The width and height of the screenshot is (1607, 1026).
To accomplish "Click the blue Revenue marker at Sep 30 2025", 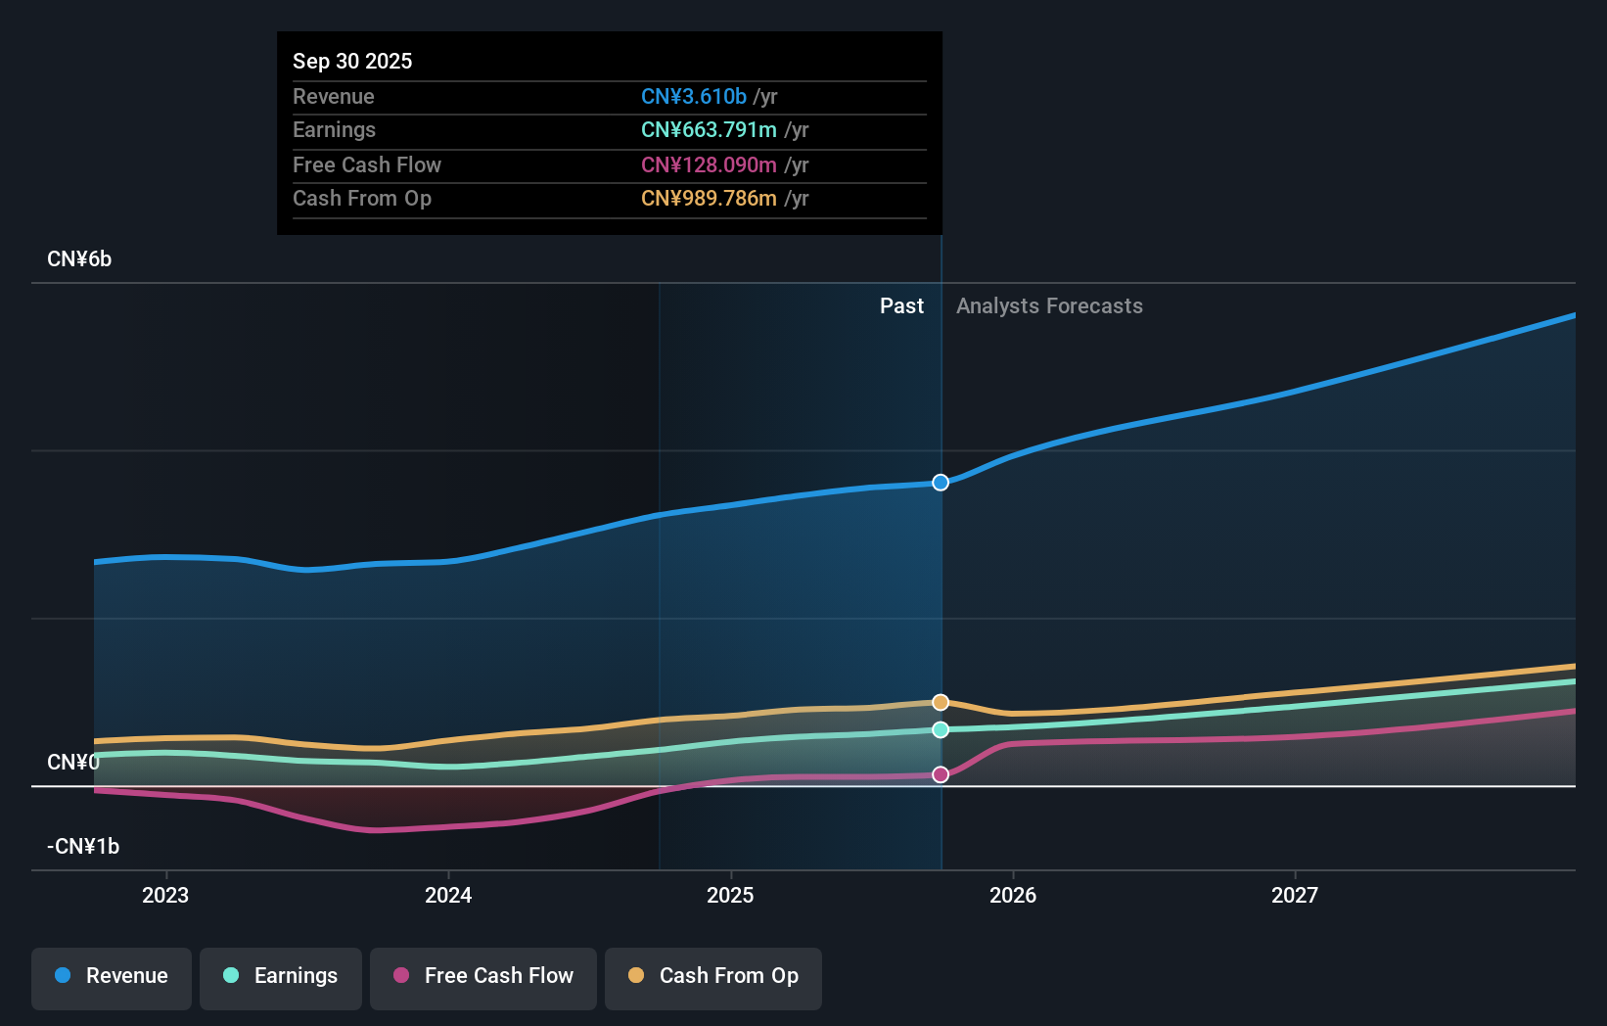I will [x=941, y=483].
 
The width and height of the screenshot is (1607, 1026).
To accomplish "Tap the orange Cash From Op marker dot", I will [x=941, y=702].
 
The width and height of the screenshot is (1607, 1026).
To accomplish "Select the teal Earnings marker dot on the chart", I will [x=941, y=729].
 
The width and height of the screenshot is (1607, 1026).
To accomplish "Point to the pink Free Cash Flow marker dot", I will [x=941, y=774].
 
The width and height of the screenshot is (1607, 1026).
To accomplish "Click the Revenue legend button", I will [x=112, y=976].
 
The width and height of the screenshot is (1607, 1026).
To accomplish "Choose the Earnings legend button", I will [x=281, y=976].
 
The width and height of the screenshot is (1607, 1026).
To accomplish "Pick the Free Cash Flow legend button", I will [x=483, y=976].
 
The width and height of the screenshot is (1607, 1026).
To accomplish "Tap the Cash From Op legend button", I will [x=713, y=976].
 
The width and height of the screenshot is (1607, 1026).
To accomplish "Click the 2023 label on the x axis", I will [x=165, y=895].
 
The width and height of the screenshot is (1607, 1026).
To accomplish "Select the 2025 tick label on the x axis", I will [x=730, y=895].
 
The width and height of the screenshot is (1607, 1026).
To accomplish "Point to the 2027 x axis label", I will [x=1294, y=895].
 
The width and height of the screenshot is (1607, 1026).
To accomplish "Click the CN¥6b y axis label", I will [x=79, y=259].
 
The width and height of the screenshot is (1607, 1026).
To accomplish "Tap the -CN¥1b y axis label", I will [x=83, y=847].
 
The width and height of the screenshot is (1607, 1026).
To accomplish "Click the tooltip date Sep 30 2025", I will [x=352, y=61].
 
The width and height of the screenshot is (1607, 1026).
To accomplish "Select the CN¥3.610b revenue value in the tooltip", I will [x=694, y=97].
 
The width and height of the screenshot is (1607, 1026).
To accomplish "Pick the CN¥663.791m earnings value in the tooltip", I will [x=709, y=130].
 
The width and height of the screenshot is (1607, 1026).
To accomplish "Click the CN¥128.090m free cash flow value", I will [x=709, y=164].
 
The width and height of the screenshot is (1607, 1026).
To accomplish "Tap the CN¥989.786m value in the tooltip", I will [x=709, y=199].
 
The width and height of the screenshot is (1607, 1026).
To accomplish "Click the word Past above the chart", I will [x=901, y=306].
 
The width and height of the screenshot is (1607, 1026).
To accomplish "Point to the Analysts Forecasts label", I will [x=1049, y=306].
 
